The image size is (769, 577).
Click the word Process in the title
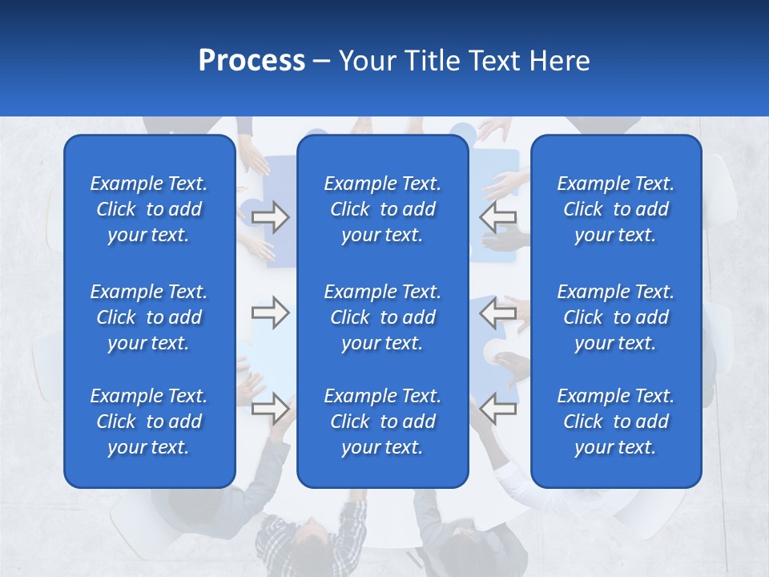click(252, 61)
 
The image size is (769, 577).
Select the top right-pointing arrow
click(271, 217)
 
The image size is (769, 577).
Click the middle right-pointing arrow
click(271, 313)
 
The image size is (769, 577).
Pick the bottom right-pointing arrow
click(271, 408)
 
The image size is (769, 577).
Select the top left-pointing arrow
click(498, 217)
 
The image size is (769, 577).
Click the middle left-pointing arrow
click(498, 313)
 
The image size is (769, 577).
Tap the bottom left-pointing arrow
click(498, 408)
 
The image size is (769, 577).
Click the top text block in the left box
click(149, 209)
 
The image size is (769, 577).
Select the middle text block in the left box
click(149, 317)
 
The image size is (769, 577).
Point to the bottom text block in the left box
click(149, 422)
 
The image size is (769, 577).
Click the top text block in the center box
click(382, 209)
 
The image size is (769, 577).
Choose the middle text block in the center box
click(382, 317)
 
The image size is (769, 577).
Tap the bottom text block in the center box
click(382, 422)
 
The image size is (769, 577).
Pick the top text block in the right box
click(615, 209)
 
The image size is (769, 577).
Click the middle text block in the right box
click(615, 317)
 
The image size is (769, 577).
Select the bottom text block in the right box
click(615, 422)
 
